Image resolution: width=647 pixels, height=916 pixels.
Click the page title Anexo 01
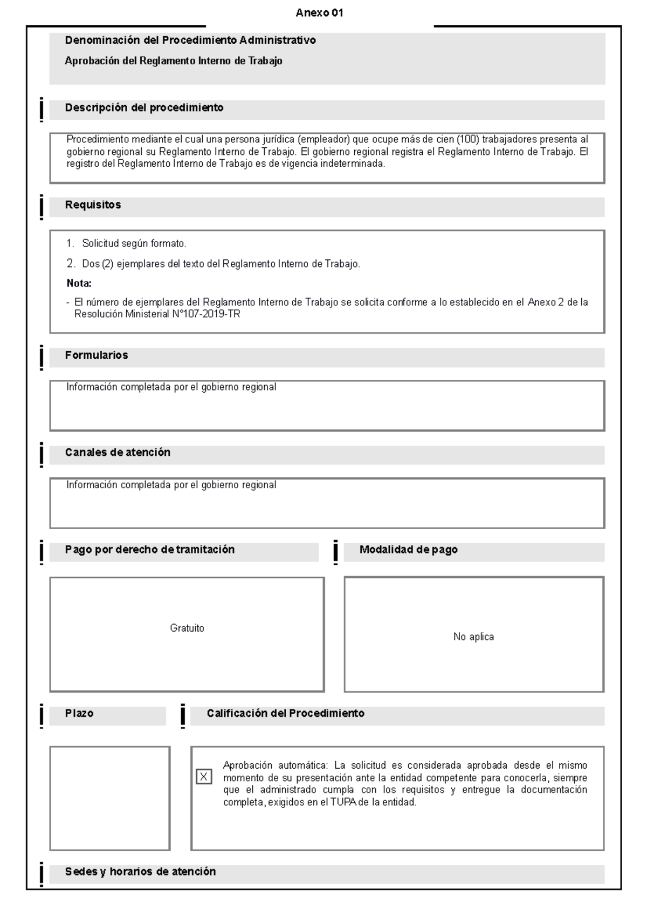[319, 13]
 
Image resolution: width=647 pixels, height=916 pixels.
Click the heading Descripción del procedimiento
[144, 108]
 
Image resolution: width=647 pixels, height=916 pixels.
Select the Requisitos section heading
[93, 205]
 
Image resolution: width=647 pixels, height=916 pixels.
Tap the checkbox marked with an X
[203, 777]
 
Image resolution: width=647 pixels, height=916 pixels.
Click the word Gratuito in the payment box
[187, 628]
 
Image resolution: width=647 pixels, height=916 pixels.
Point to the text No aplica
[473, 637]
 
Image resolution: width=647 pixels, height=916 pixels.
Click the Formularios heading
[97, 356]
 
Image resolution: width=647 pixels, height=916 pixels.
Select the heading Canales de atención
[118, 453]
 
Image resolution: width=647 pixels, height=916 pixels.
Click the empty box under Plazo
[110, 798]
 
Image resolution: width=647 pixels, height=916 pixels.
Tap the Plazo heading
[79, 713]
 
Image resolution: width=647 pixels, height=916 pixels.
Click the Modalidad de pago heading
[408, 550]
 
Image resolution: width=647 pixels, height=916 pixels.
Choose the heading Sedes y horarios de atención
[140, 871]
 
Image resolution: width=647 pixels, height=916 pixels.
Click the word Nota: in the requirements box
[79, 283]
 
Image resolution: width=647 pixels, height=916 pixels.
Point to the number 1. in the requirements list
[70, 244]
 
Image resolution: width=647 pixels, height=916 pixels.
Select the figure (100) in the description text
[467, 139]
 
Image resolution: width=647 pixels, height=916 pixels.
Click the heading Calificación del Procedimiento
[285, 713]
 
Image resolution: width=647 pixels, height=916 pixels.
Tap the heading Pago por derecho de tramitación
[150, 550]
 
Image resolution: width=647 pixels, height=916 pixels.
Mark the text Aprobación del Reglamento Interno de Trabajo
[173, 61]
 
